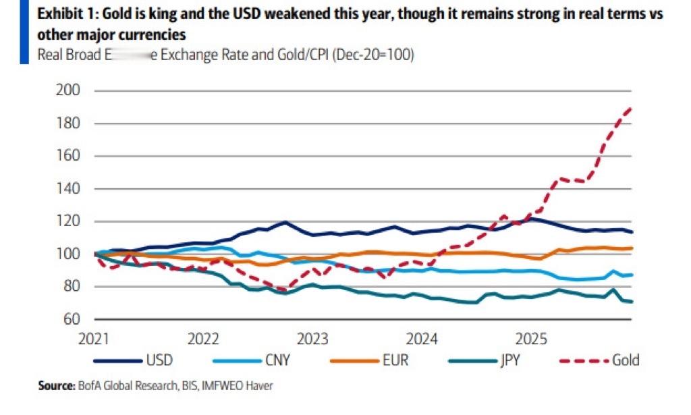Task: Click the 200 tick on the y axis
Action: (71, 90)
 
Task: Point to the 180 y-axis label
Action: (71, 123)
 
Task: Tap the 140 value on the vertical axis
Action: (71, 189)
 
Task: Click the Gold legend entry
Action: (625, 360)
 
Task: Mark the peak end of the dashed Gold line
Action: (632, 108)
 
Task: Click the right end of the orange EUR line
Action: (632, 248)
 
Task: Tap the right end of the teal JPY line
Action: (632, 302)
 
